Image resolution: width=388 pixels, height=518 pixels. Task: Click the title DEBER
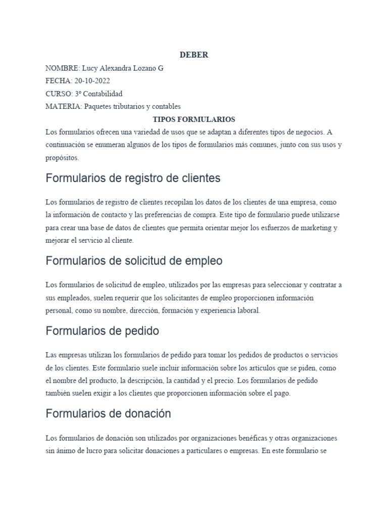[194, 55]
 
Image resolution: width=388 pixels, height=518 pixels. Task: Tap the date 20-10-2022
[92, 81]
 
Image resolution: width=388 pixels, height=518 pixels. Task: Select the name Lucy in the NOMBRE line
[90, 68]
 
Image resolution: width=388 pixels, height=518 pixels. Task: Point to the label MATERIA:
[64, 106]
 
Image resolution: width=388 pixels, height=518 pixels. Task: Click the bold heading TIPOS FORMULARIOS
[194, 119]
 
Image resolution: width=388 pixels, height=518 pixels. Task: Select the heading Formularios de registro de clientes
[133, 179]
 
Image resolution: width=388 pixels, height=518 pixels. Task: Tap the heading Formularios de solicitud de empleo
[134, 261]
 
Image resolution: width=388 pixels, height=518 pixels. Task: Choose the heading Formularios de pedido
[102, 331]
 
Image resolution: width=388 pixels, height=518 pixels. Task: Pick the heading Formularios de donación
[108, 414]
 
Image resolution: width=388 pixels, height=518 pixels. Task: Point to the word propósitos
[62, 158]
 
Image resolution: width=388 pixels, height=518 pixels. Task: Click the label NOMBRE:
[63, 68]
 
